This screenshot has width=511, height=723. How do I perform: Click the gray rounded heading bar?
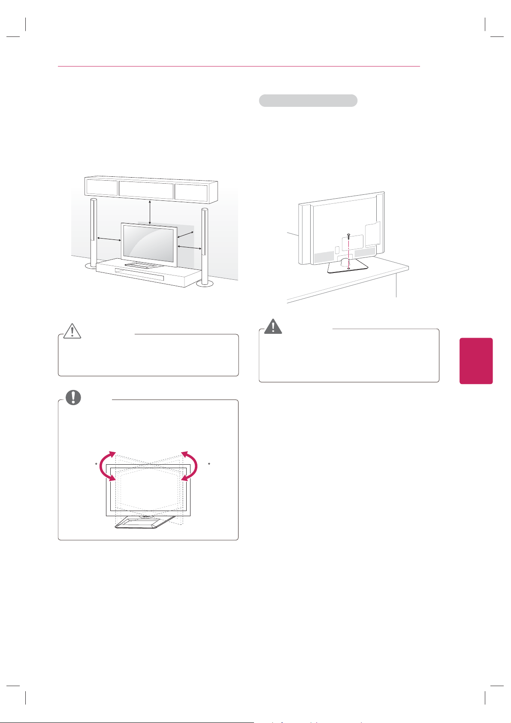308,100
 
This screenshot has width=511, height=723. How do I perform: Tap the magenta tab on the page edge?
476,360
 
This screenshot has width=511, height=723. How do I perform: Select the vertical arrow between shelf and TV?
150,212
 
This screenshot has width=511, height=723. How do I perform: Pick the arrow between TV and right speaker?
189,248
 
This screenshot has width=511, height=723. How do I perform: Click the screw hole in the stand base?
348,268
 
